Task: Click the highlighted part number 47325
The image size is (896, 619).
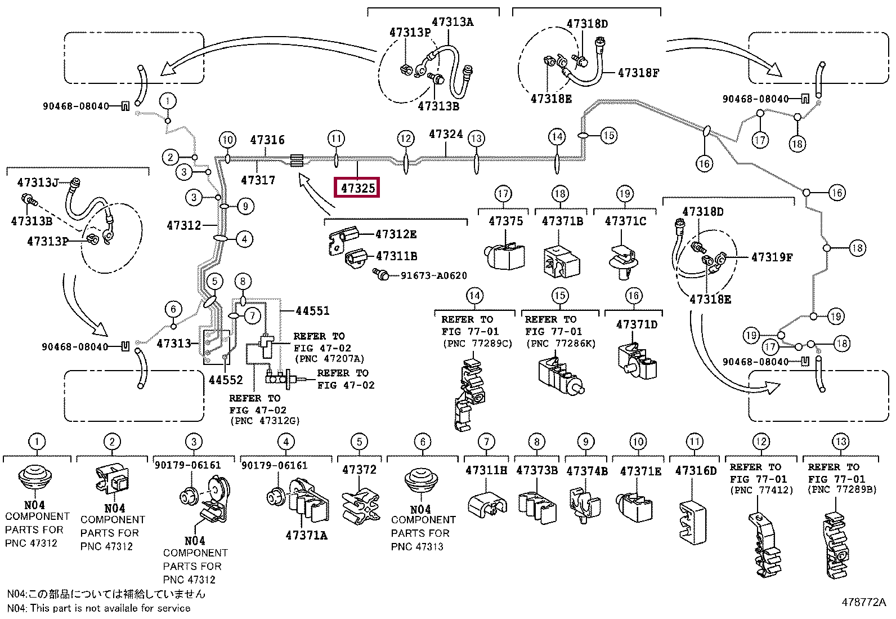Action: pyautogui.click(x=357, y=188)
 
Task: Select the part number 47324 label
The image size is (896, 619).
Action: pyautogui.click(x=446, y=134)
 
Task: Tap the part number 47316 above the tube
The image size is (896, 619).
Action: pyautogui.click(x=267, y=140)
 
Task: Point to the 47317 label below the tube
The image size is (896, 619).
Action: pyautogui.click(x=258, y=180)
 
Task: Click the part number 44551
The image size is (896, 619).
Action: pyautogui.click(x=312, y=310)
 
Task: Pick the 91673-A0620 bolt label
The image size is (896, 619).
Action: pyautogui.click(x=433, y=275)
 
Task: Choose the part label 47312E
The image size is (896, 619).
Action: pyautogui.click(x=396, y=234)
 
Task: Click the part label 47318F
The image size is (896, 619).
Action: pyautogui.click(x=638, y=73)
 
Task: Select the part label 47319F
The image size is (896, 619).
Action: pyautogui.click(x=772, y=257)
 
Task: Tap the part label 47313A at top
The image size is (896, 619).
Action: pyautogui.click(x=453, y=22)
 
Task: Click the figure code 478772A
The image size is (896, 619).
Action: pyautogui.click(x=863, y=602)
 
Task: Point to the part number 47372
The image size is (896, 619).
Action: pyautogui.click(x=359, y=469)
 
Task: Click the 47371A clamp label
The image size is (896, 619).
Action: pyautogui.click(x=306, y=535)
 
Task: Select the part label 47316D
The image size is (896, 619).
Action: pyautogui.click(x=696, y=470)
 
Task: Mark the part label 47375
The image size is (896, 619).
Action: pyautogui.click(x=505, y=221)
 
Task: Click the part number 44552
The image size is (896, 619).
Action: pyautogui.click(x=226, y=380)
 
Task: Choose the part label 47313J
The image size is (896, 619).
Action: pyautogui.click(x=38, y=182)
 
